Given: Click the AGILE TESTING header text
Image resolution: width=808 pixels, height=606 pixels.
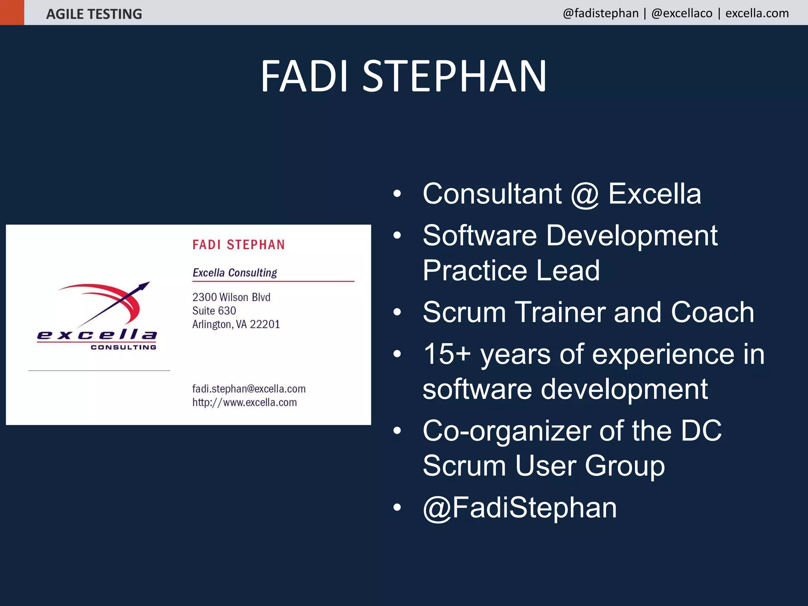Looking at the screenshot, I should tap(94, 14).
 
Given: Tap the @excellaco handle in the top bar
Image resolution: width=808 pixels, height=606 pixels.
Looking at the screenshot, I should tap(682, 13).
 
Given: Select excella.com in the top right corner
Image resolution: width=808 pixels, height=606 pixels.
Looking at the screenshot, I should tap(757, 13).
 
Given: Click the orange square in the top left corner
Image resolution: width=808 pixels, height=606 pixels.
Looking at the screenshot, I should tap(12, 12).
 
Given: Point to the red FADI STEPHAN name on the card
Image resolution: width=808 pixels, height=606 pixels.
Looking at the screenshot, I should tap(238, 245).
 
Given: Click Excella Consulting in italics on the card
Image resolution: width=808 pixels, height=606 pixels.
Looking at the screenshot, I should tap(235, 273).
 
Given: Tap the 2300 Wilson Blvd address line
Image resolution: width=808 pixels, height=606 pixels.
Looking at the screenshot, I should tap(231, 297).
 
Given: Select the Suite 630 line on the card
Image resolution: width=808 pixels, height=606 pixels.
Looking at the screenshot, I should tap(214, 311).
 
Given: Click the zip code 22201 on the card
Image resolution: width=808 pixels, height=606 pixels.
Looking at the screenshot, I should tap(265, 324).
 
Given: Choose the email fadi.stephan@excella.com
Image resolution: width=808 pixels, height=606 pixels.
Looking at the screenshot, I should tap(249, 389).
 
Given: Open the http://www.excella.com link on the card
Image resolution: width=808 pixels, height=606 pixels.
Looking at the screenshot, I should tap(244, 402).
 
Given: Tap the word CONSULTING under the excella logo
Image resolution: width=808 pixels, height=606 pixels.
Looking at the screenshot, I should tap(123, 347).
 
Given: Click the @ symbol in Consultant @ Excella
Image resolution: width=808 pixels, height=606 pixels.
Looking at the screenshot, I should tap(585, 195).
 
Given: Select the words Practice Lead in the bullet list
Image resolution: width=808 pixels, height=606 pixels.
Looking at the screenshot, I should tap(511, 271).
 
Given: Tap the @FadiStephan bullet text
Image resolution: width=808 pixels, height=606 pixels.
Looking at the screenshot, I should tap(519, 507).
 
